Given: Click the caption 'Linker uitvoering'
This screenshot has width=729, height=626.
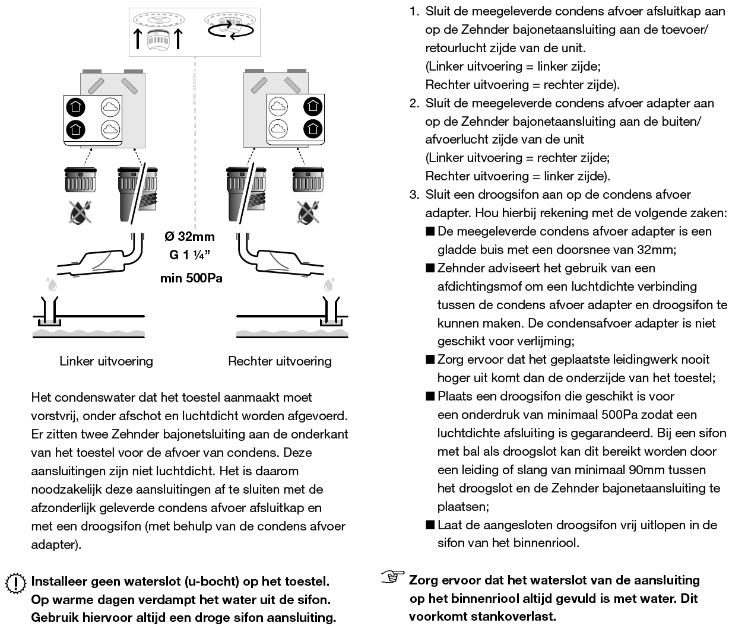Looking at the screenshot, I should coord(106,361).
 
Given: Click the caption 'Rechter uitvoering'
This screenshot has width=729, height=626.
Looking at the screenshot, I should coord(280,361).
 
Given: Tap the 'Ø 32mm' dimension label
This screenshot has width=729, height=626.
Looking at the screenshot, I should coord(189,237).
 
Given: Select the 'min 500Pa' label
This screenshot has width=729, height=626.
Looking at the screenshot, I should coord(191,278).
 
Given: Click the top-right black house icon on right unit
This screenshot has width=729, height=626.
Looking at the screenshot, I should coord(312,107).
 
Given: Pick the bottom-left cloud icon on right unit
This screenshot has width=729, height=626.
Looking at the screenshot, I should coord(278,128).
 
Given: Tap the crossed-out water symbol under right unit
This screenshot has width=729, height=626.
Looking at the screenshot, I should coord(307,212).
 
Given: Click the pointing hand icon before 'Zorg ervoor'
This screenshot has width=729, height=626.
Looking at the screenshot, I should coord(392,577).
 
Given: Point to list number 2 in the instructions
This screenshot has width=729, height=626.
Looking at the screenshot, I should coord(414,103).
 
